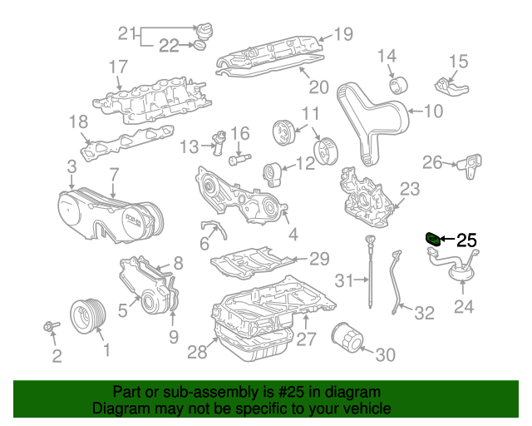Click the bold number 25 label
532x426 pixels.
pos(466,240)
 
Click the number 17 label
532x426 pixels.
pos(118,67)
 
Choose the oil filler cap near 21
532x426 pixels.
pos(205,31)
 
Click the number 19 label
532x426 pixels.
pos(343,34)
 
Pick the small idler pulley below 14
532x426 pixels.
pos(397,85)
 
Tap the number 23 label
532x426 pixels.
pos(411,190)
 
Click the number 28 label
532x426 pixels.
pos(196,353)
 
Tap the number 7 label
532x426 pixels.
pos(114,175)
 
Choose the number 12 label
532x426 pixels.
pos(305,164)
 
